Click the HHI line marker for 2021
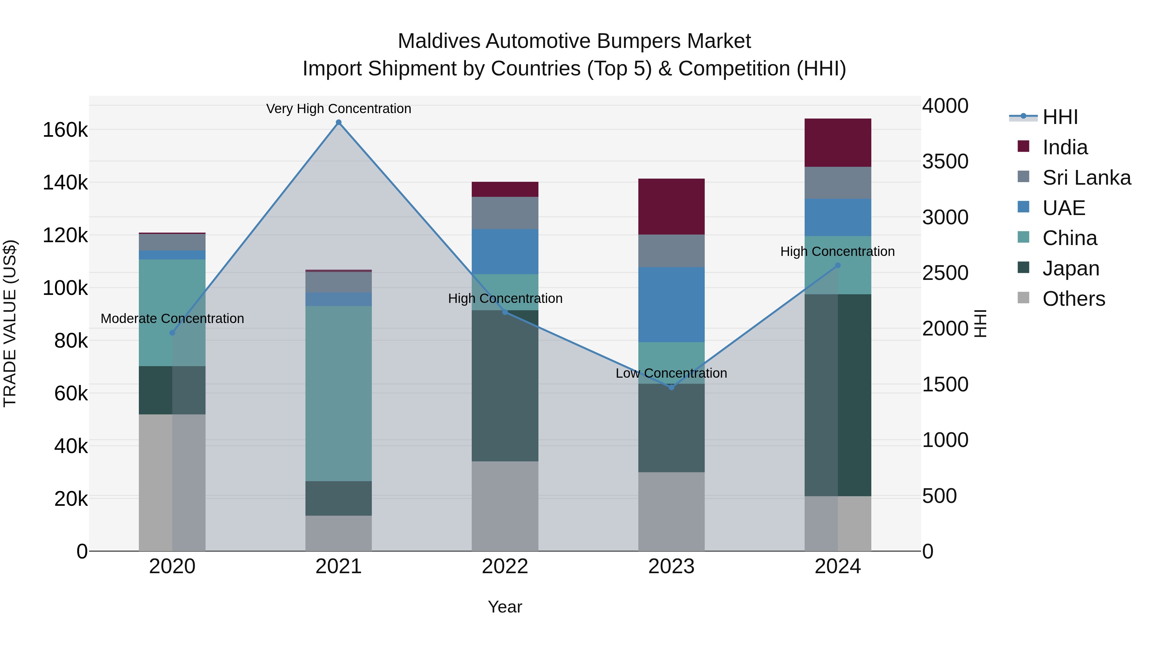339,122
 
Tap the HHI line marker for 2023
671,387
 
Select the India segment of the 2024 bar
838,143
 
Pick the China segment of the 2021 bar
339,393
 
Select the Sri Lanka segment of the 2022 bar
505,213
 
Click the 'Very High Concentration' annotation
339,109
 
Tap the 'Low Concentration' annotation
671,373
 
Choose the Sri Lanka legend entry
1086,178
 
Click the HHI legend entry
1060,117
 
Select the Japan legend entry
1070,268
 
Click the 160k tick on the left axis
65,130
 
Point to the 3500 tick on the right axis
945,162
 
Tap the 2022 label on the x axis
505,566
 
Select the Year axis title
505,607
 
